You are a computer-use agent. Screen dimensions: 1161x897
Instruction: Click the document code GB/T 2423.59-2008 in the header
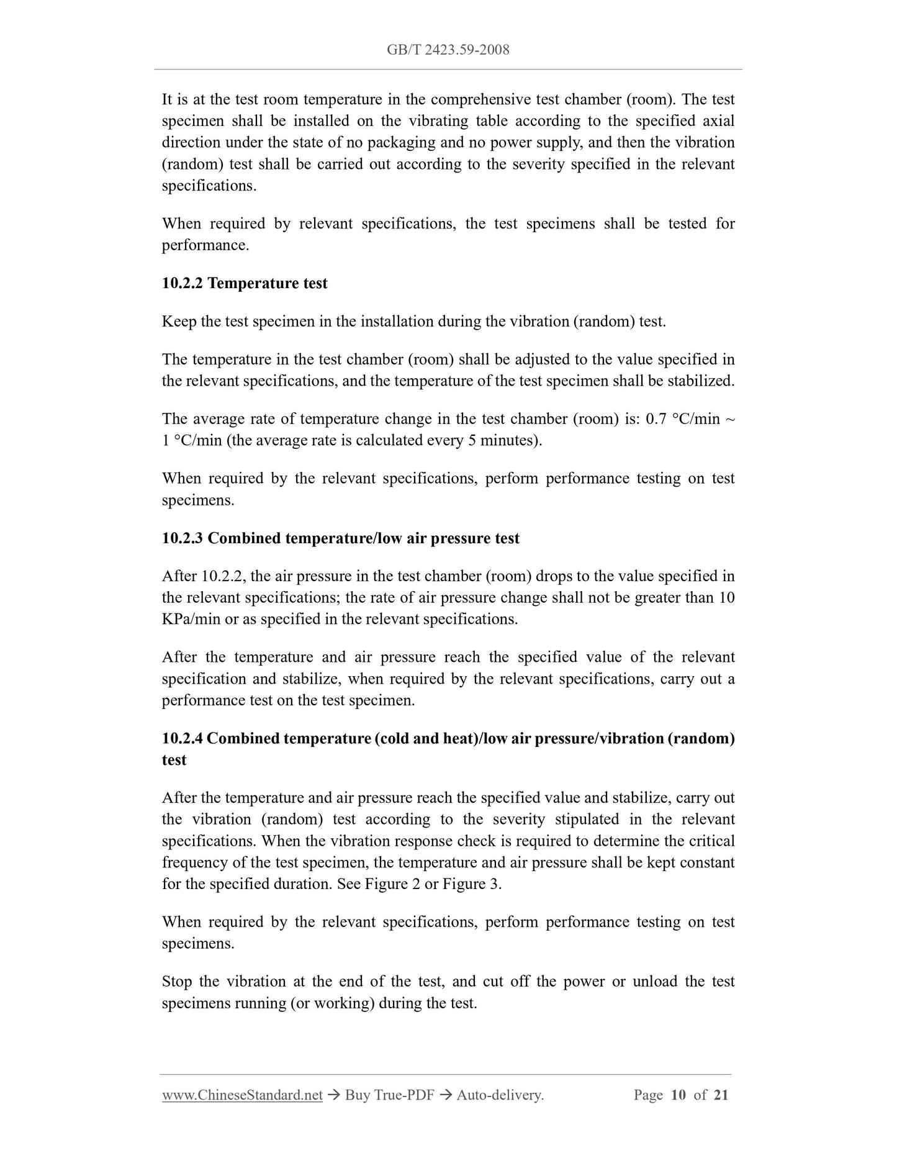[448, 50]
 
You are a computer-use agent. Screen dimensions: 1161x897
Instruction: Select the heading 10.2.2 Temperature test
[245, 283]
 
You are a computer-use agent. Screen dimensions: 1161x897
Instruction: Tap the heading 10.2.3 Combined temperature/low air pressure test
[340, 538]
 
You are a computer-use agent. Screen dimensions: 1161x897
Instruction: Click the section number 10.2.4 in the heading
[183, 738]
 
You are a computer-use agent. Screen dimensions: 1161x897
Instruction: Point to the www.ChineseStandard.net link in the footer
[242, 1095]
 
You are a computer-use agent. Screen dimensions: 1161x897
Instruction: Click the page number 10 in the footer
[678, 1095]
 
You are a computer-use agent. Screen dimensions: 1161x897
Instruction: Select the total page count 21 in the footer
[721, 1095]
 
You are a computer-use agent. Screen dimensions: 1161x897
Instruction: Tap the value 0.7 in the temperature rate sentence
[657, 419]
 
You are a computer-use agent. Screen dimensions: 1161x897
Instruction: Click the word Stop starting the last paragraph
[177, 982]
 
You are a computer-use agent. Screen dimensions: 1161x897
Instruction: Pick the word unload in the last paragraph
[657, 982]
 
